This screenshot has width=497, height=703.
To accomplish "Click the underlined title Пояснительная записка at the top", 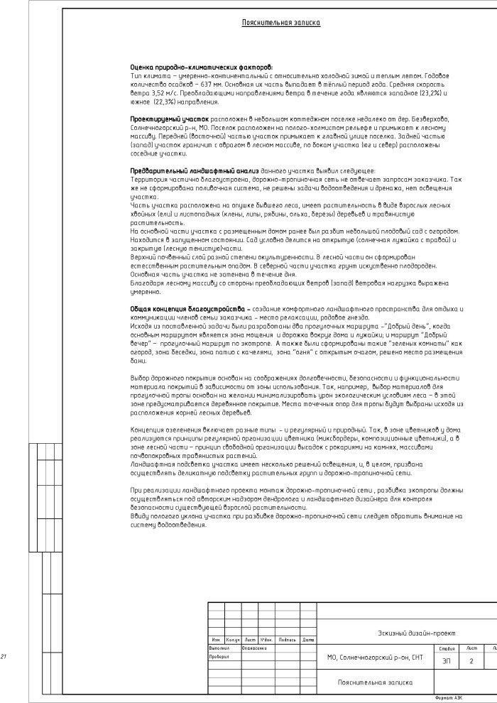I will pos(281,23).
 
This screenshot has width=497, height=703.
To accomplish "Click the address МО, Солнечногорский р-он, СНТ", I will pos(375,658).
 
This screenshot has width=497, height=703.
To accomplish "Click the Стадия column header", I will pos(447,648).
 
